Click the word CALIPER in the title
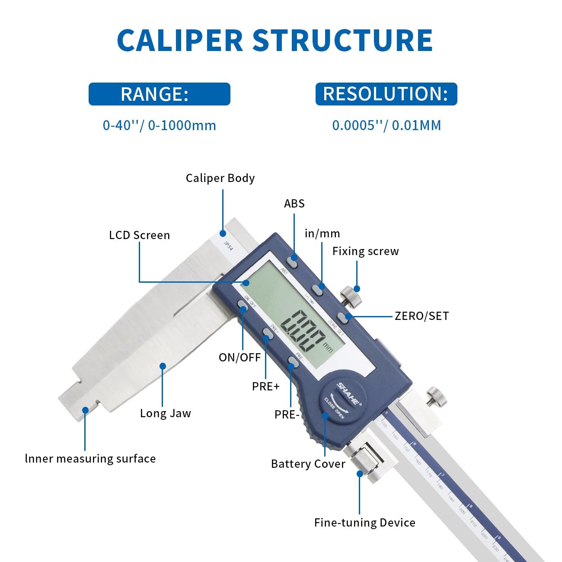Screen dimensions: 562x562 click(180, 41)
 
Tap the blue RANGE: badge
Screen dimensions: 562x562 click(159, 94)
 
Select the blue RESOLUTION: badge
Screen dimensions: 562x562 click(386, 94)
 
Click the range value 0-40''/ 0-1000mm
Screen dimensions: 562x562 click(159, 125)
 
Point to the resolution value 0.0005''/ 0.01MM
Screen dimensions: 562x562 click(386, 125)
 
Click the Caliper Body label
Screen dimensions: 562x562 click(220, 178)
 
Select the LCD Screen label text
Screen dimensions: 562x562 click(139, 235)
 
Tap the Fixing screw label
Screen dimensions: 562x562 click(365, 251)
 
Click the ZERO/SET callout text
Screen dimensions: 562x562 click(421, 316)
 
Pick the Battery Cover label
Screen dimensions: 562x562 click(308, 464)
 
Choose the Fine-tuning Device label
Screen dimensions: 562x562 click(364, 523)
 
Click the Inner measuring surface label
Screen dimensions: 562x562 click(90, 459)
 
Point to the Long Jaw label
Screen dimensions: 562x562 click(165, 413)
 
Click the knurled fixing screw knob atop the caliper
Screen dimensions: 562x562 click(349, 298)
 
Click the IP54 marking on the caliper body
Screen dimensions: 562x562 click(228, 246)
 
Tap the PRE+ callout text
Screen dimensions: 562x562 click(265, 386)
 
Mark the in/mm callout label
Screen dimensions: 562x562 click(322, 233)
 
